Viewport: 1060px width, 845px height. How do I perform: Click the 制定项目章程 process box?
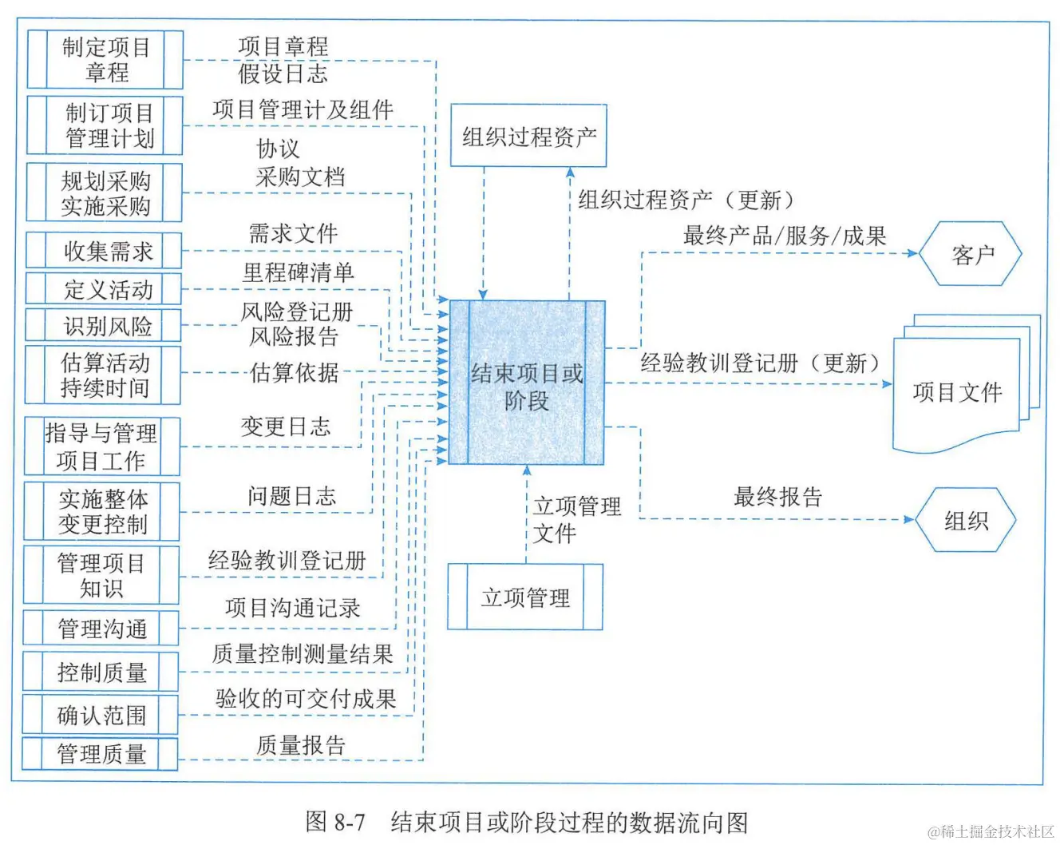point(105,60)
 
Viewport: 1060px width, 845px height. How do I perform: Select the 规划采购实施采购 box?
point(105,192)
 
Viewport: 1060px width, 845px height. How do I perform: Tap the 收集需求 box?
point(105,251)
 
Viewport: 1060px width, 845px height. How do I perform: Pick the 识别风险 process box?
point(105,326)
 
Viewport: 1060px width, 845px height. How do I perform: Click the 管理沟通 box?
point(101,629)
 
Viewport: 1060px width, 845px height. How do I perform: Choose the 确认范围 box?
point(101,715)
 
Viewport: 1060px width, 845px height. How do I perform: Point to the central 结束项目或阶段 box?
point(527,383)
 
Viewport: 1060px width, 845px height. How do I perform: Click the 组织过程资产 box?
point(528,136)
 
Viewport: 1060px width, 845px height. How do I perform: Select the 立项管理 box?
point(525,597)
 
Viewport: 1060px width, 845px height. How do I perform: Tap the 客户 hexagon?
point(971,255)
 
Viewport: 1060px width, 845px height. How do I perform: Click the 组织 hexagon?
point(966,521)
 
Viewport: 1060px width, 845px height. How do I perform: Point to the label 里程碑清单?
point(298,272)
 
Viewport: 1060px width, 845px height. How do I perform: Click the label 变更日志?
point(286,426)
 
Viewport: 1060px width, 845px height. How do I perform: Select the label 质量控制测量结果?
point(303,654)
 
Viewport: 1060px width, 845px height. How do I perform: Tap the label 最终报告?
point(777,497)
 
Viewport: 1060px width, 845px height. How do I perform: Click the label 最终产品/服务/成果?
point(785,236)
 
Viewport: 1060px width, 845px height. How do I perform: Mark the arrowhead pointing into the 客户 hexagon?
point(912,253)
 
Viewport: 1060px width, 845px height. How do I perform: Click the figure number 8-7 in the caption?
point(350,822)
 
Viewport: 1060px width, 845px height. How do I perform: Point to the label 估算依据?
point(295,372)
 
